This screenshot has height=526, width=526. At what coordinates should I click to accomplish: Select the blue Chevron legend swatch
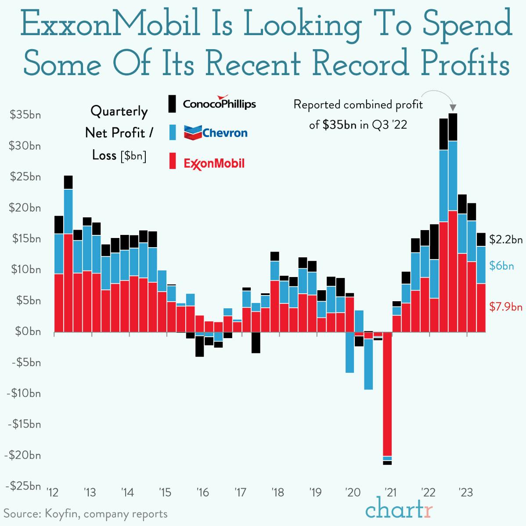tap(173, 133)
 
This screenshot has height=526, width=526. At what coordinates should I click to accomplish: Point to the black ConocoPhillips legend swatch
tap(173, 103)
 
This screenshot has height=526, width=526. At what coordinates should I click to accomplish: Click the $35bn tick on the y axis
tap(25, 115)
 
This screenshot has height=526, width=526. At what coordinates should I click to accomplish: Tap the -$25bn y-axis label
tap(23, 486)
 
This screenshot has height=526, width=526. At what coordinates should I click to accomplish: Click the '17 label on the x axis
tap(240, 492)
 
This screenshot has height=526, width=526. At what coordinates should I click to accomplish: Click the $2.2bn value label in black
tap(506, 240)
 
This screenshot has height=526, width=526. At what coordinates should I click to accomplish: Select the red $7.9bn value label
tap(506, 306)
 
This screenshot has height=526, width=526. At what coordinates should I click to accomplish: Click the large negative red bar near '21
tap(387, 395)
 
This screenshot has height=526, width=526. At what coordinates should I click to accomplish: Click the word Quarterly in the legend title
tap(119, 111)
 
